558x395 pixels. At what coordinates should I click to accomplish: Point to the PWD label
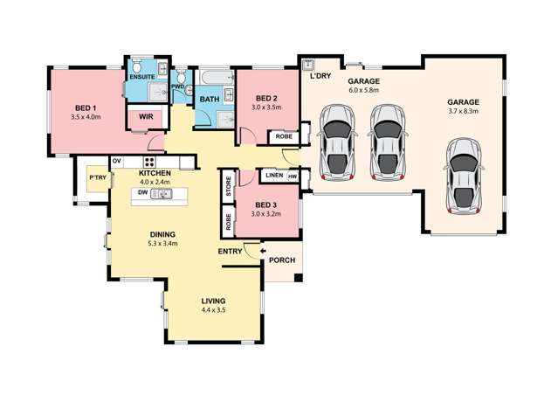(177, 87)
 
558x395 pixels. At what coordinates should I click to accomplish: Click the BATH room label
(209, 100)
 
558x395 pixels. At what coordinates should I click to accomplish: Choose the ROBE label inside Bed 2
(284, 136)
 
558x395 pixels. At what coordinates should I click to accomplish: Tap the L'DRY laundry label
(319, 76)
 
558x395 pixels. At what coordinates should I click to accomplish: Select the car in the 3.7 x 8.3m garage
(463, 175)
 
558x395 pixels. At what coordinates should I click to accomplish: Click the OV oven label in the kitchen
(116, 163)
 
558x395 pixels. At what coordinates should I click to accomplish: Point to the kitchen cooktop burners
(149, 163)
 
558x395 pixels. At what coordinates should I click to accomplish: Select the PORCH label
(281, 260)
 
